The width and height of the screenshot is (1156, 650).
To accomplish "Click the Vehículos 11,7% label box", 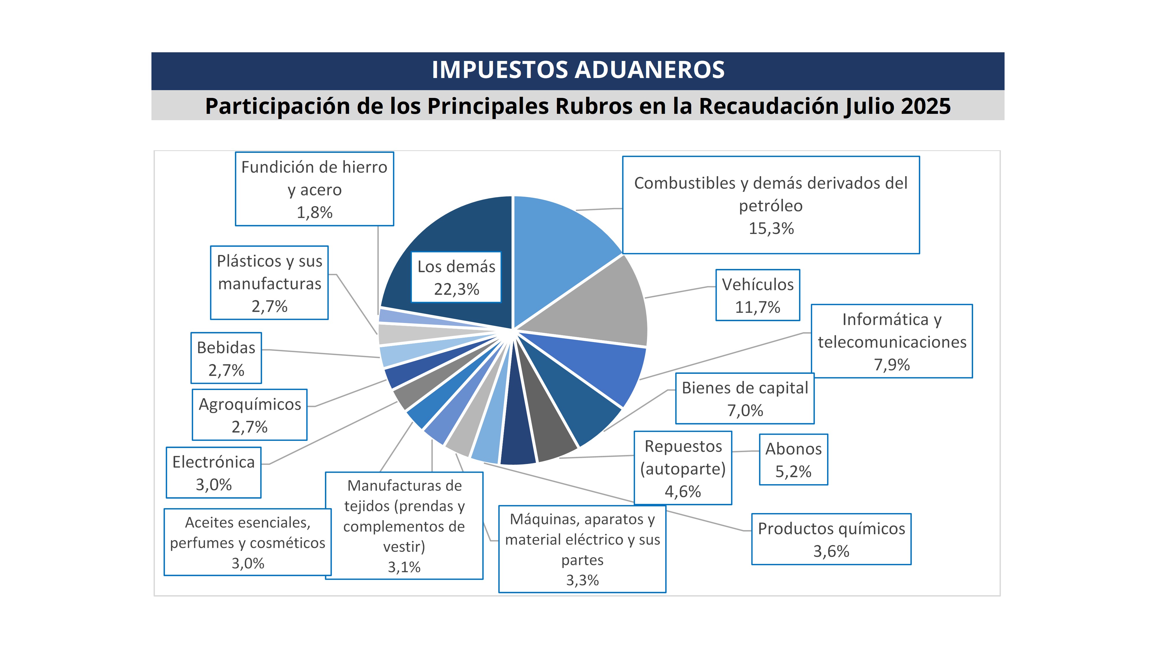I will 757,295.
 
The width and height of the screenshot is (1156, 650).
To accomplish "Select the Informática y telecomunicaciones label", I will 892,341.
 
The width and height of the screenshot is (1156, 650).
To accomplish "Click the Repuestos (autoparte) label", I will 683,468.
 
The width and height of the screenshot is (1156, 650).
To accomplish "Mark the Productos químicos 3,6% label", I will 831,539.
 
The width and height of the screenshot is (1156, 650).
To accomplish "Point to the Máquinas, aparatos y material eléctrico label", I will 582,549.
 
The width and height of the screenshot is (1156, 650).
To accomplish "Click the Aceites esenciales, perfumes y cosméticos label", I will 247,542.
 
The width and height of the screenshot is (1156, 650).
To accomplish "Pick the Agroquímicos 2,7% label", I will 249,415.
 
